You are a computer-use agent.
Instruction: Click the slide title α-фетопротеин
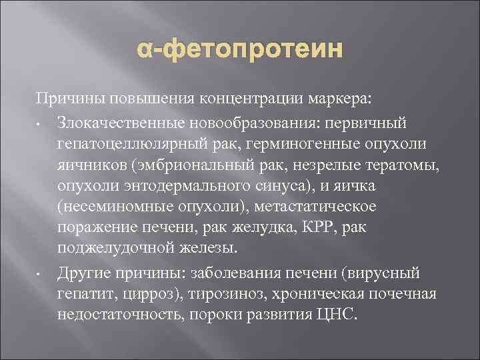(x=239, y=49)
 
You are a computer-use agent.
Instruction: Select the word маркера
(x=347, y=100)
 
